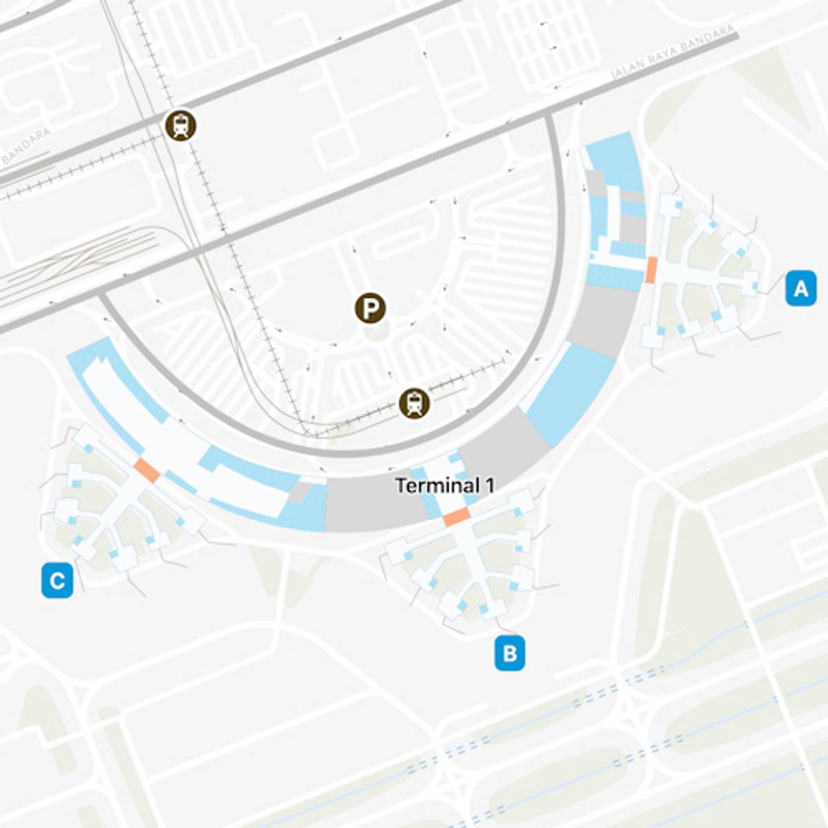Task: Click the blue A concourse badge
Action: (x=801, y=288)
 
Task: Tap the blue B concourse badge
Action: (x=509, y=653)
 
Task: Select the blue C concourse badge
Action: (x=57, y=580)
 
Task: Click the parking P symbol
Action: (x=371, y=308)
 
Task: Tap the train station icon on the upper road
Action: (x=181, y=126)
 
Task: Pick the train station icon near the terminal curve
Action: (x=414, y=403)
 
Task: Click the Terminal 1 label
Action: (x=444, y=486)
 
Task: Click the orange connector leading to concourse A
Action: (x=651, y=270)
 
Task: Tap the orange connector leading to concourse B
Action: (x=456, y=516)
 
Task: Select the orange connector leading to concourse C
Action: (x=147, y=470)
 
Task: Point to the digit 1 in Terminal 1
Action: (x=490, y=486)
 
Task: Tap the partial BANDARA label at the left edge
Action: (x=26, y=146)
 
